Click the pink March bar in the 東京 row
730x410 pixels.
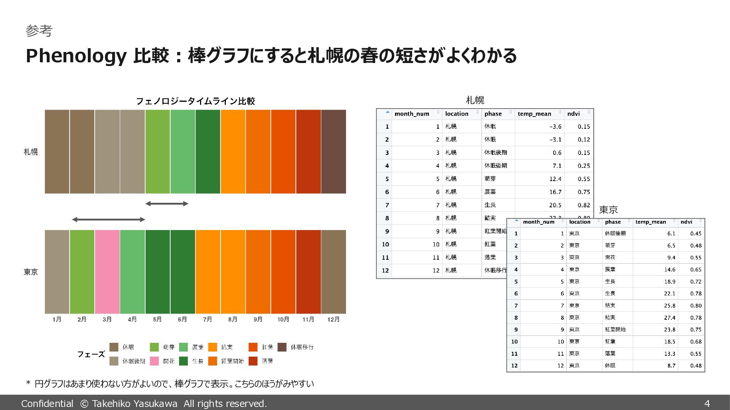(107, 272)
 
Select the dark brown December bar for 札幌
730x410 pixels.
(333, 152)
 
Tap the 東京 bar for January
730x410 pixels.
(57, 272)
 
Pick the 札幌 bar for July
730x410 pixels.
(208, 152)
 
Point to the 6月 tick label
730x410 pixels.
(182, 320)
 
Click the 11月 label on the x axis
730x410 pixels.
(308, 320)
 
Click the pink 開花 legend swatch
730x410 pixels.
(154, 361)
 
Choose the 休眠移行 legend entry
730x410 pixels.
(302, 347)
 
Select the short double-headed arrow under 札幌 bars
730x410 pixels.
(167, 204)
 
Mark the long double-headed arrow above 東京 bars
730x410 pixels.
(108, 219)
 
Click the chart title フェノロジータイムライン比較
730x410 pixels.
(195, 101)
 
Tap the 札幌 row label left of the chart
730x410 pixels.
(31, 152)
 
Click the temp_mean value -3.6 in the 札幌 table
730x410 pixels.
(555, 127)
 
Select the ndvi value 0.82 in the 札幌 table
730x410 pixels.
(584, 205)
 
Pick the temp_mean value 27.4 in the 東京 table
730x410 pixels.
(670, 318)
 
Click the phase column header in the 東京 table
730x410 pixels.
(613, 222)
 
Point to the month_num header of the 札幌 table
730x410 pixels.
(412, 114)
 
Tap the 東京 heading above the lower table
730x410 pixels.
(608, 210)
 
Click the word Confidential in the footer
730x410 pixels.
(47, 404)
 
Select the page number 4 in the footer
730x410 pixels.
(707, 404)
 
